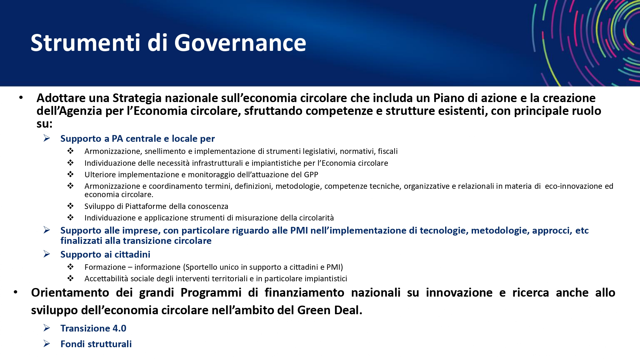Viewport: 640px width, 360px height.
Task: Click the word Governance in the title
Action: pos(240,43)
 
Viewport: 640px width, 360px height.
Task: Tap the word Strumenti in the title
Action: pos(85,43)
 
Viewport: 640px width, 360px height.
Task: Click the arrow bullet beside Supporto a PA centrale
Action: pos(47,138)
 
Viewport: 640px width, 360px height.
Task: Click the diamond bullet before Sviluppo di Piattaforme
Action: pos(70,206)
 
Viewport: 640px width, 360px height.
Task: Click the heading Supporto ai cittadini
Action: pos(105,254)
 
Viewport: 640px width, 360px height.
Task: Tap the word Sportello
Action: pos(201,267)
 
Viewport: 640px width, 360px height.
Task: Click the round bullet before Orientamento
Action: pos(15,292)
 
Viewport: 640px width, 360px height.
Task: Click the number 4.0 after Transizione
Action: pos(119,328)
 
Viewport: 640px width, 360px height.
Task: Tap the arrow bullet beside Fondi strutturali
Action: pos(47,344)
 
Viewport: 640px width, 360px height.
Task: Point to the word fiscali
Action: pos(388,151)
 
